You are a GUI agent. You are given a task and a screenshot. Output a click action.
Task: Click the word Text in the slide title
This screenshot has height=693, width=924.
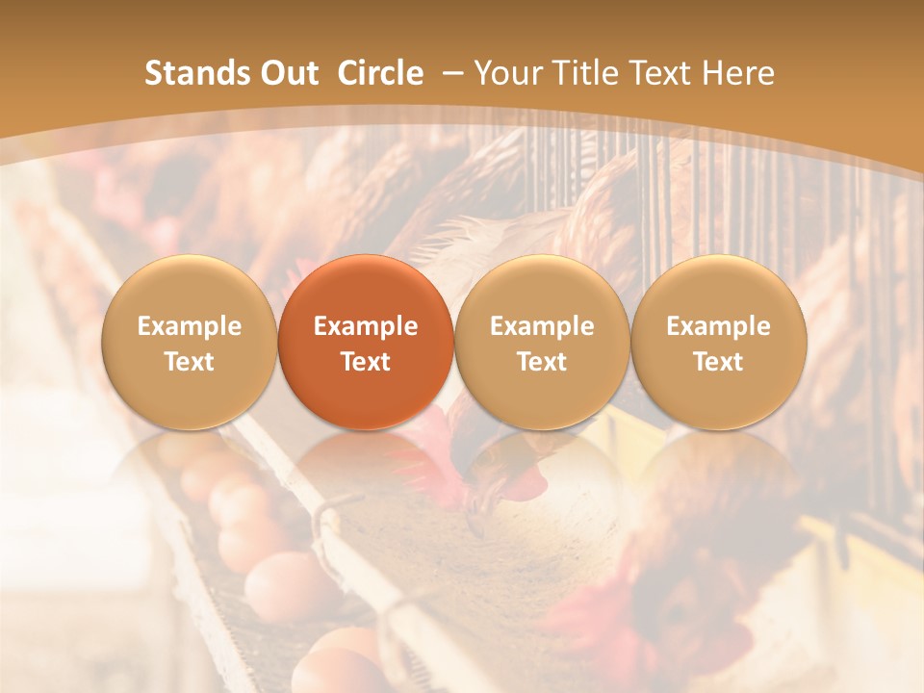pyautogui.click(x=664, y=73)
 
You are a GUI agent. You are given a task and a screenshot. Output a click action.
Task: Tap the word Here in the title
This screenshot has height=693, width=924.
pyautogui.click(x=739, y=73)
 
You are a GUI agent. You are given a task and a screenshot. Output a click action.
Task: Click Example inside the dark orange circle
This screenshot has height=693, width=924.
pyautogui.click(x=366, y=326)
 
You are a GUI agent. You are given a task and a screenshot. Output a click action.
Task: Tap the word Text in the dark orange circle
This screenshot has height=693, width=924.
pyautogui.click(x=366, y=362)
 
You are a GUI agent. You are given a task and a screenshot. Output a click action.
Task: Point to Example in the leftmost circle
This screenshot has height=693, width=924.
pyautogui.click(x=189, y=326)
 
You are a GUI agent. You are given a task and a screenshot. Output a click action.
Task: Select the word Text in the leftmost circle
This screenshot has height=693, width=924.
pyautogui.click(x=189, y=362)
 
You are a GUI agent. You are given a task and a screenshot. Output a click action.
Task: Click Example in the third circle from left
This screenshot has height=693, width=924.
pyautogui.click(x=542, y=326)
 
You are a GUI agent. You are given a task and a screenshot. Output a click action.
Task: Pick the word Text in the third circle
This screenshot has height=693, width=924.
pyautogui.click(x=542, y=362)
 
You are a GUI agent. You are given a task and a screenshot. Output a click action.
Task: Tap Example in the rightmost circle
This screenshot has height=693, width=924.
pyautogui.click(x=718, y=326)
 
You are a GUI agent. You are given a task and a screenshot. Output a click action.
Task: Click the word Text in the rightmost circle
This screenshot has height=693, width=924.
pyautogui.click(x=718, y=362)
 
